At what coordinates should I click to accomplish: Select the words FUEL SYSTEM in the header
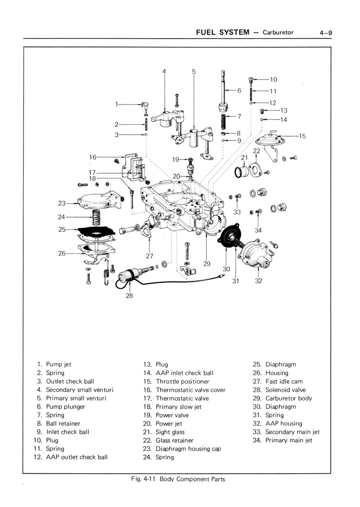[223, 32]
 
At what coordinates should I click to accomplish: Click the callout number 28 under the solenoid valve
[129, 296]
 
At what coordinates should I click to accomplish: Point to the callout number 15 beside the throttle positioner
[302, 136]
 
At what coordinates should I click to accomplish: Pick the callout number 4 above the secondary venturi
[164, 71]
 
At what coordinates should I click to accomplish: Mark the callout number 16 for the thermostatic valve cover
[92, 157]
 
